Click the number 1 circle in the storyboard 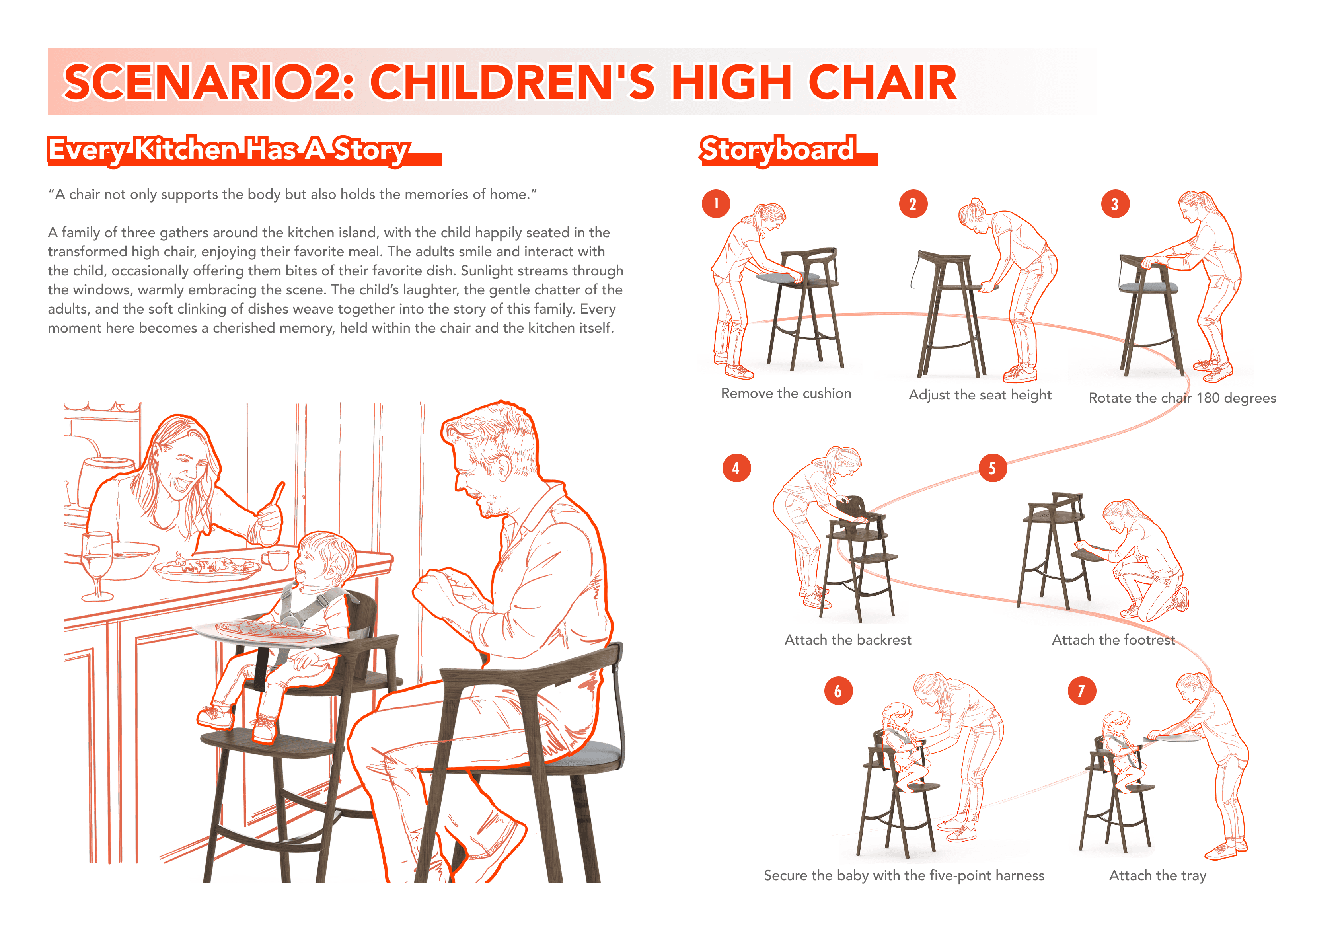[716, 204]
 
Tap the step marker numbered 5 [992, 468]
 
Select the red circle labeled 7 [1081, 691]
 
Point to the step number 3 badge [1115, 204]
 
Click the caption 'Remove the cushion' [786, 393]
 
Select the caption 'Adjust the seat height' [980, 395]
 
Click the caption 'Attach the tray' [1157, 876]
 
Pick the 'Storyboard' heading [778, 150]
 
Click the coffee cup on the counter [275, 559]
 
